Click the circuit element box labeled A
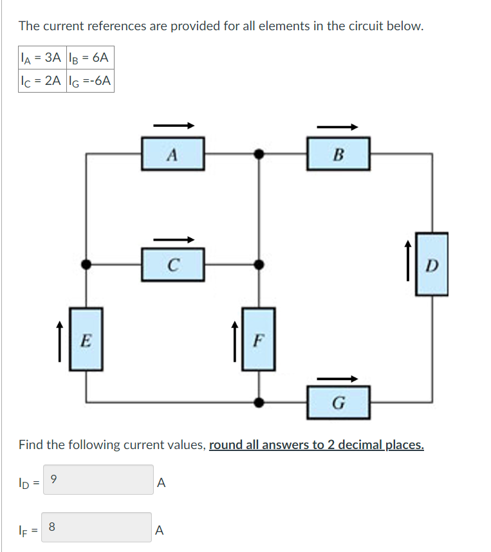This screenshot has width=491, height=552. pyautogui.click(x=172, y=154)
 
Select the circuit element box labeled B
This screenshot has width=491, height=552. pyautogui.click(x=338, y=154)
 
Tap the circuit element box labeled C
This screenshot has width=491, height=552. pyautogui.click(x=172, y=264)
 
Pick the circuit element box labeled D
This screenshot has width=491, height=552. pyautogui.click(x=431, y=264)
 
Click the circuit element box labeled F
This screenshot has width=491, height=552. pyautogui.click(x=258, y=339)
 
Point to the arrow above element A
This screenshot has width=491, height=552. pyautogui.click(x=172, y=125)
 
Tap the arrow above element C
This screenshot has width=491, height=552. pyautogui.click(x=172, y=240)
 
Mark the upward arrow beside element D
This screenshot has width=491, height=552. pyautogui.click(x=407, y=260)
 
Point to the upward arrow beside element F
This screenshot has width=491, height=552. pyautogui.click(x=235, y=337)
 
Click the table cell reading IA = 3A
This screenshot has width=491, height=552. pyautogui.click(x=42, y=58)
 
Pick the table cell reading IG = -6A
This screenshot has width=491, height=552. pyautogui.click(x=90, y=81)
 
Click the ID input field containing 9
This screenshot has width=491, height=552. pyautogui.click(x=98, y=480)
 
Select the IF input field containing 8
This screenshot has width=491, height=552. pyautogui.click(x=98, y=527)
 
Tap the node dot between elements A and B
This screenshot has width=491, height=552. pyautogui.click(x=258, y=154)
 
